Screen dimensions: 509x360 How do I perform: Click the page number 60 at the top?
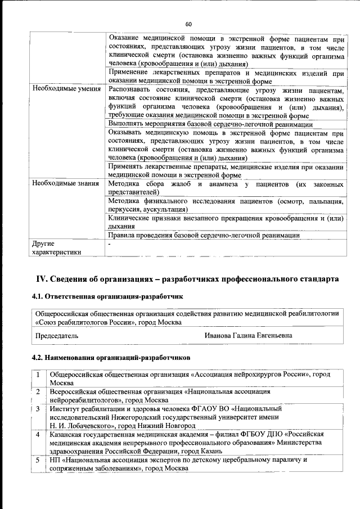[188, 24]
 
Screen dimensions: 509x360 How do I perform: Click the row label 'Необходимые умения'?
[66, 89]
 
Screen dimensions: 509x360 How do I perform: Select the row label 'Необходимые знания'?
[66, 183]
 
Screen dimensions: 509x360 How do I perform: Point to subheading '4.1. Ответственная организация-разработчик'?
[107, 296]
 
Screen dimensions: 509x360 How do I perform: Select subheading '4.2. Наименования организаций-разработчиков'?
[112, 357]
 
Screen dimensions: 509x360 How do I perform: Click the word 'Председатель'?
[57, 335]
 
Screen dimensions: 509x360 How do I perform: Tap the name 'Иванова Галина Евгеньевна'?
[249, 335]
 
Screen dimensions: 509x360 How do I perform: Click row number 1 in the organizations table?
[38, 374]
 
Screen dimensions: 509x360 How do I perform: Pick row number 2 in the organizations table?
[38, 391]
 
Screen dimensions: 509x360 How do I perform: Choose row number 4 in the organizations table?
[38, 434]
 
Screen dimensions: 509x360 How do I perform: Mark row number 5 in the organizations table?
[38, 460]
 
